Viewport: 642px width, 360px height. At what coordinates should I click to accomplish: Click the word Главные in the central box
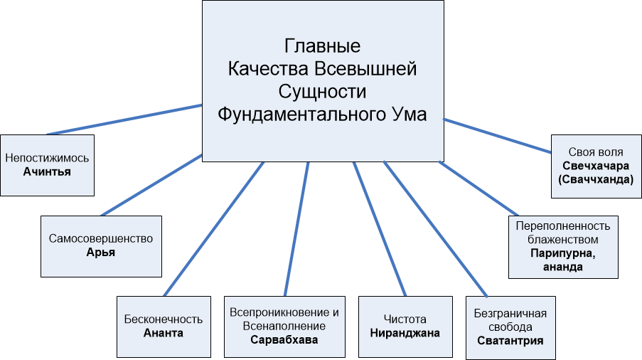(x=322, y=47)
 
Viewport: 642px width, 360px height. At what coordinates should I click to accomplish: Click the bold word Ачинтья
(x=47, y=171)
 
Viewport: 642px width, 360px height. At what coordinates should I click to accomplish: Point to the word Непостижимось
(x=47, y=158)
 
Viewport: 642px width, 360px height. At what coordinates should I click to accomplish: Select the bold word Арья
(x=101, y=252)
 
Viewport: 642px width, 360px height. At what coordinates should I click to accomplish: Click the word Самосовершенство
(x=101, y=238)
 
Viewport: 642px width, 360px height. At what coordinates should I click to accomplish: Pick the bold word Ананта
(x=164, y=332)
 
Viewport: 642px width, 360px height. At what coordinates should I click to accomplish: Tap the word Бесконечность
(x=164, y=319)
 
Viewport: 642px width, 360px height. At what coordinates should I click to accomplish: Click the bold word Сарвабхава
(x=284, y=339)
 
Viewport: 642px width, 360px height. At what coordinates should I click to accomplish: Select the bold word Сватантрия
(x=510, y=340)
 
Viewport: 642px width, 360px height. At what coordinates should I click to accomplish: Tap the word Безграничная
(x=510, y=313)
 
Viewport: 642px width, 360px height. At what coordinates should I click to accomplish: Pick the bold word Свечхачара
(x=596, y=166)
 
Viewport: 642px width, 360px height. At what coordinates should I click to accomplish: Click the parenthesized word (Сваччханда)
(x=596, y=179)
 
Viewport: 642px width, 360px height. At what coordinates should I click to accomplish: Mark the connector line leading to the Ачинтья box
(x=124, y=120)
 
